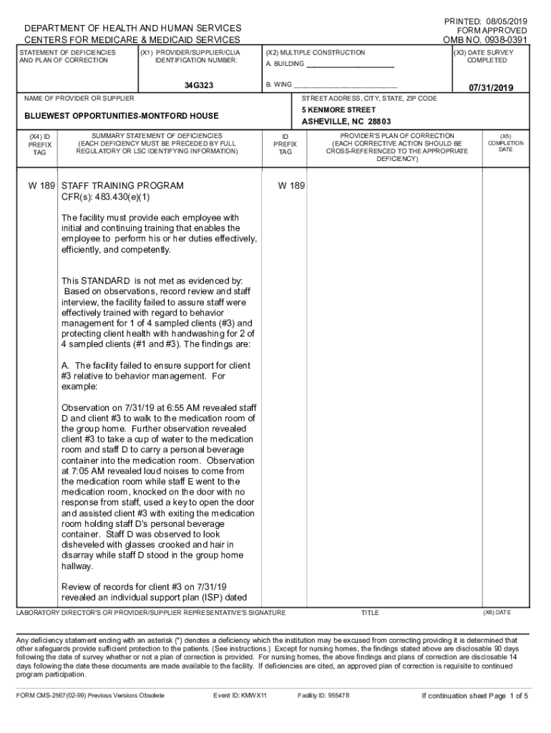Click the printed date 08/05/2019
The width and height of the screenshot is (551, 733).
tap(504, 21)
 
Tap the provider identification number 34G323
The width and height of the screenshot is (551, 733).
tap(198, 86)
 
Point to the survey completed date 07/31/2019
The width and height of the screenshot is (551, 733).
tap(492, 87)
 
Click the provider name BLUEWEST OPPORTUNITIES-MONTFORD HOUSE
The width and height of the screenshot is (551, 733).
tap(122, 115)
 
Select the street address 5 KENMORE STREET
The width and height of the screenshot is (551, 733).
tap(338, 110)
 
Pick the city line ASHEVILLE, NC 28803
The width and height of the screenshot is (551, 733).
tap(346, 122)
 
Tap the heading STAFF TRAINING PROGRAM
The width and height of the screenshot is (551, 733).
tap(122, 185)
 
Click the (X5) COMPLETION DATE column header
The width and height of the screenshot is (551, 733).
tap(505, 143)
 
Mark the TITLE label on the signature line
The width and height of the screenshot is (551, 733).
tap(370, 613)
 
